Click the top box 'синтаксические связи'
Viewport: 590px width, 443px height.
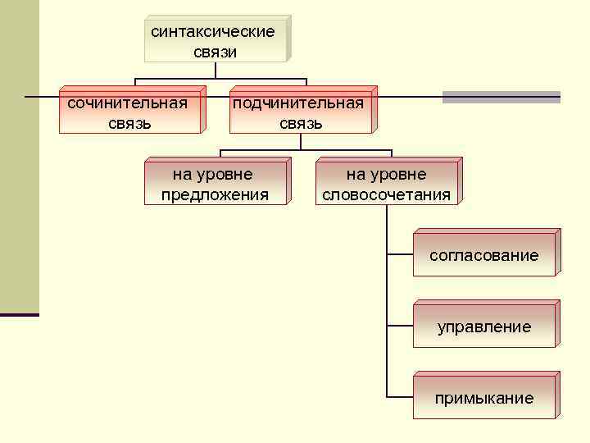tap(216, 40)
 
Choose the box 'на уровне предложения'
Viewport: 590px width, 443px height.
tap(215, 184)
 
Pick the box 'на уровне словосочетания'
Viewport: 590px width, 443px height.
tap(387, 184)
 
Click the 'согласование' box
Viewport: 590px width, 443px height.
tap(483, 255)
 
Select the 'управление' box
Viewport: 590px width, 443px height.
tap(483, 327)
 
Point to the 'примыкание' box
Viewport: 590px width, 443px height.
tap(483, 399)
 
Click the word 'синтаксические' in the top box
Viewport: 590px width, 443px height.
tap(212, 31)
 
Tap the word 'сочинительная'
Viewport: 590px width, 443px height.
tap(127, 103)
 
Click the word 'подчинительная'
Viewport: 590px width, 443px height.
tap(297, 103)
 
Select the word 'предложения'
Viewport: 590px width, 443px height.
tap(215, 194)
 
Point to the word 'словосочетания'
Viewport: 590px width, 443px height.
tap(387, 194)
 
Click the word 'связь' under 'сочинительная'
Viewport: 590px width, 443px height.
tap(129, 124)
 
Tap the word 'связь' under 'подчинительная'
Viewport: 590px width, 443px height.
tap(301, 124)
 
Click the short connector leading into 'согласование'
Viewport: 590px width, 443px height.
tap(398, 255)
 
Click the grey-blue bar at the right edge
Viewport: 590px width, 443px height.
tap(501, 97)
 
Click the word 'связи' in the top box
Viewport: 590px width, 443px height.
tap(216, 52)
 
